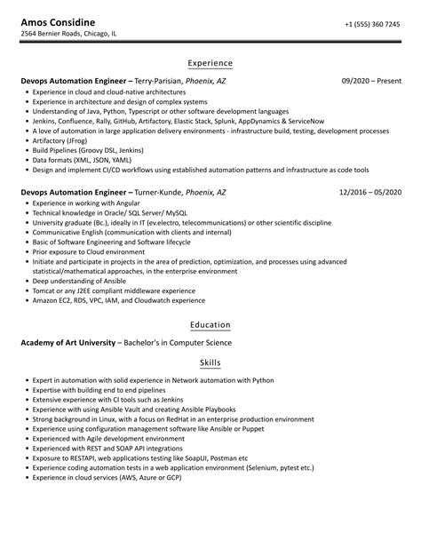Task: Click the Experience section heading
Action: (210, 64)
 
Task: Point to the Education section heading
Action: (210, 325)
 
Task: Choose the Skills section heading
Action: (210, 362)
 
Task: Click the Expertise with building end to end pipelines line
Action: (98, 390)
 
